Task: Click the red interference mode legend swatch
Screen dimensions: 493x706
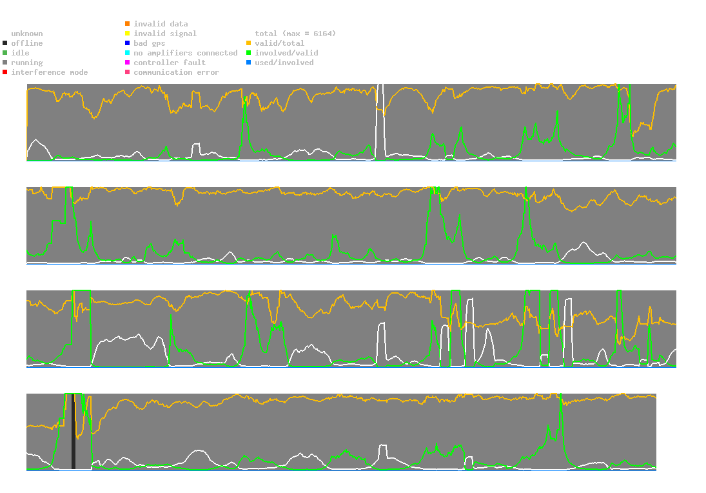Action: click(5, 72)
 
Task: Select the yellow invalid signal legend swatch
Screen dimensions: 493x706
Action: click(128, 34)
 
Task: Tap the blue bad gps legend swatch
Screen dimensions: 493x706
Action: click(128, 43)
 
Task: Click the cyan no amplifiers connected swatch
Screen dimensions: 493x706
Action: click(128, 53)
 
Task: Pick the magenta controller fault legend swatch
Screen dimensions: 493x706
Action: click(128, 63)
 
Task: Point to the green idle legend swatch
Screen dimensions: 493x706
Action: click(5, 53)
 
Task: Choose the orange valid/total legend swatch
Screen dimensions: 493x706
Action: click(249, 43)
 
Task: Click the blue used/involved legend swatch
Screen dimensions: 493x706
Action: click(249, 63)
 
